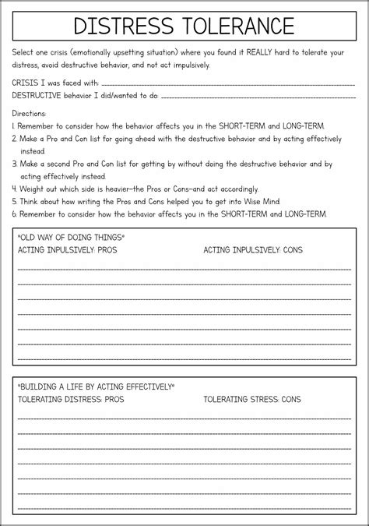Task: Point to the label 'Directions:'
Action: (x=30, y=112)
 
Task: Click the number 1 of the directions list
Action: (x=14, y=125)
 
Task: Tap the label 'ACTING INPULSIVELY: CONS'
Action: (x=253, y=250)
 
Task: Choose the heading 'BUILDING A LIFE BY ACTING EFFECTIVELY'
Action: (x=96, y=386)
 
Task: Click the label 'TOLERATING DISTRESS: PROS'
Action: (x=70, y=399)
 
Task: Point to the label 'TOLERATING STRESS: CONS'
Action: (x=251, y=399)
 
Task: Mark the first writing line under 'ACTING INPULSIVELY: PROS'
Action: (x=184, y=268)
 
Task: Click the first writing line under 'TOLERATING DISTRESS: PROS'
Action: (x=184, y=417)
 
